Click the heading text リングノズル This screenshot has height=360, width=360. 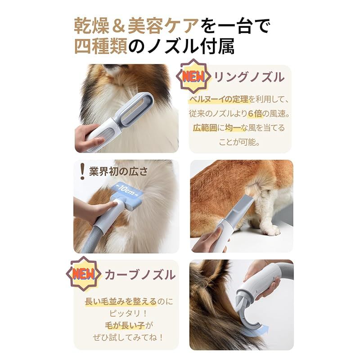click(249, 77)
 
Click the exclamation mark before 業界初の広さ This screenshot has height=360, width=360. click(82, 171)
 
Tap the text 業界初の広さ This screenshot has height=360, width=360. click(118, 171)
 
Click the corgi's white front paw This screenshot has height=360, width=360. click(270, 230)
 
